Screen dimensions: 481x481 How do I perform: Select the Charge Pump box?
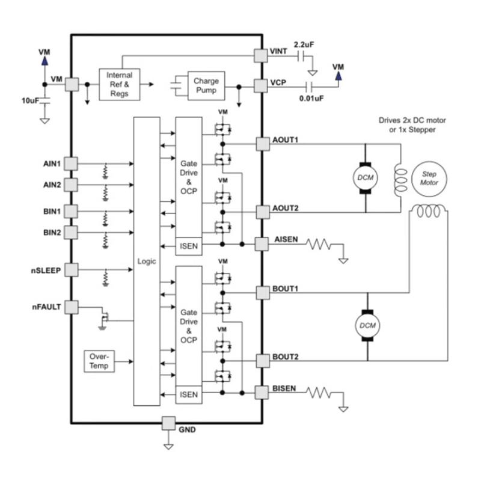tap(206, 85)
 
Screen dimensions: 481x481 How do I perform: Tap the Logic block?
tap(147, 262)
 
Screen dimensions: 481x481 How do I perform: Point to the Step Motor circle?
tap(429, 178)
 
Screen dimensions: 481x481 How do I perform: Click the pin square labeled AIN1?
tap(71, 164)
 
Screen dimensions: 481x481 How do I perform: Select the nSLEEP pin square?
tap(71, 270)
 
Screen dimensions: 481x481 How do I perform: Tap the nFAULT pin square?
tap(71, 307)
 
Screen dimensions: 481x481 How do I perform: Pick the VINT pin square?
tap(261, 55)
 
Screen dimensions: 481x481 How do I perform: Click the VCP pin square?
tap(261, 85)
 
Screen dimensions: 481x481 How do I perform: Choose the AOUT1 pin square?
tap(263, 144)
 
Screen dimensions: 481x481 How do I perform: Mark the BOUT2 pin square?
tap(263, 360)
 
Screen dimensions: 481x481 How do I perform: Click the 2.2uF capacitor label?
tap(303, 44)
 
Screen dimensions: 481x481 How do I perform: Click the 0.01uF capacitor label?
tap(311, 97)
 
